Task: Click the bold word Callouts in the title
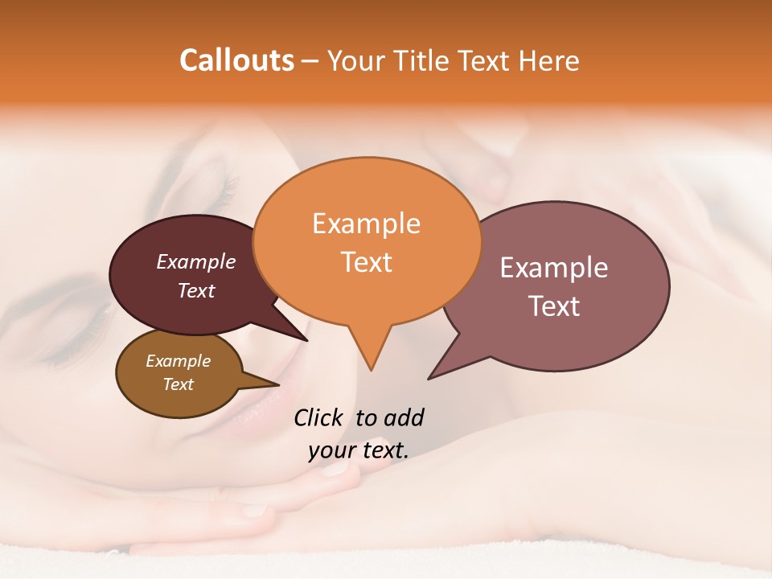tap(236, 60)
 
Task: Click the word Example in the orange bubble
tap(366, 224)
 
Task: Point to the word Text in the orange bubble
tap(366, 262)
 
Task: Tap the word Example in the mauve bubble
tap(553, 268)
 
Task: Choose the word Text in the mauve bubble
tap(553, 306)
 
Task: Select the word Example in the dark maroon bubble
tap(195, 261)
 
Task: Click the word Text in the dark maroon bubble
tap(195, 290)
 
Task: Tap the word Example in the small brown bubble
tap(178, 361)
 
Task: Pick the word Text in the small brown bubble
tap(178, 384)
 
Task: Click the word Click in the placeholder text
tap(319, 417)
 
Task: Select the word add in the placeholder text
tap(403, 417)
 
